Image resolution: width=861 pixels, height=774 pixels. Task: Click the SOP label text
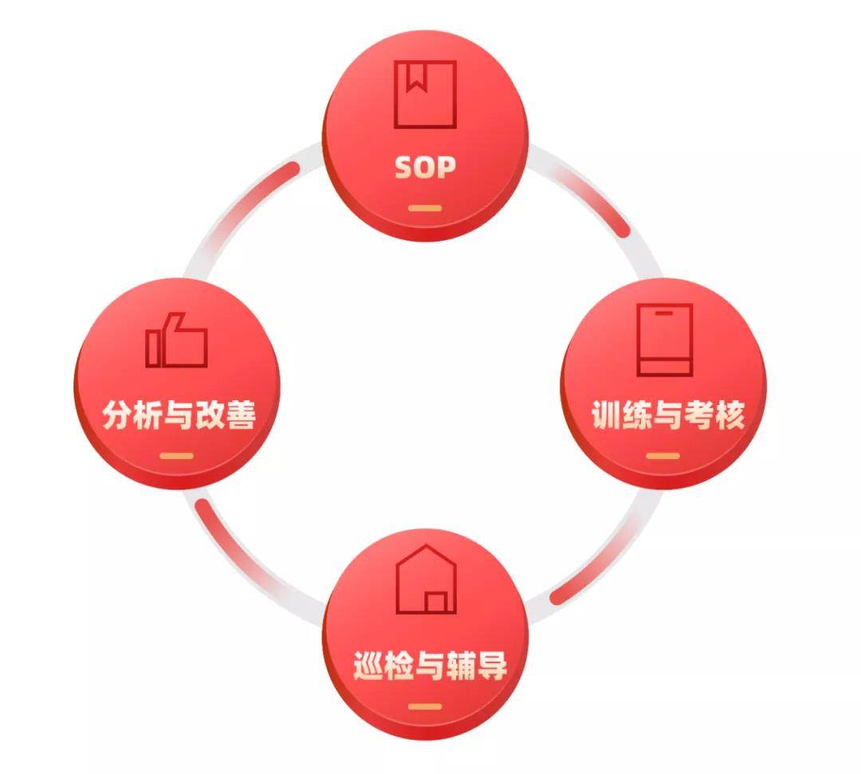pyautogui.click(x=426, y=167)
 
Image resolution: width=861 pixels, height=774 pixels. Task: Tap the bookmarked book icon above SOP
pyautogui.click(x=426, y=94)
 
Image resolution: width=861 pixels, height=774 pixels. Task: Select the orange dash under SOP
pyautogui.click(x=425, y=208)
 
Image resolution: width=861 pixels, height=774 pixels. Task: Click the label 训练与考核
pyautogui.click(x=668, y=415)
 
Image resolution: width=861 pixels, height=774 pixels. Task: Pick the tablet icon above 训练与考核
pyautogui.click(x=664, y=340)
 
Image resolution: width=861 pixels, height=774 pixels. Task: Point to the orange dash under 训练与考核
pyautogui.click(x=662, y=456)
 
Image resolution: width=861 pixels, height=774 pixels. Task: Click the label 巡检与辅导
pyautogui.click(x=430, y=666)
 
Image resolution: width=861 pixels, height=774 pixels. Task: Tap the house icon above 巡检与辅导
pyautogui.click(x=426, y=579)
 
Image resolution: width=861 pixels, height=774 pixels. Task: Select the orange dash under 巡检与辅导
pyautogui.click(x=425, y=706)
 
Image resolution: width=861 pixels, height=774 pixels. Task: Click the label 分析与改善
pyautogui.click(x=179, y=415)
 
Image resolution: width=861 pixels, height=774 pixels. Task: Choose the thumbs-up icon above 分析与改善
pyautogui.click(x=176, y=340)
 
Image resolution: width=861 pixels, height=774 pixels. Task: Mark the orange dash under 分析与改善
pyautogui.click(x=176, y=456)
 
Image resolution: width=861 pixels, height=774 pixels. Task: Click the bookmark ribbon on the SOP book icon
pyautogui.click(x=415, y=77)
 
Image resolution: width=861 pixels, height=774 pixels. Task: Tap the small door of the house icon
pyautogui.click(x=436, y=603)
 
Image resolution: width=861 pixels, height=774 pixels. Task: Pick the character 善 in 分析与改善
pyautogui.click(x=241, y=415)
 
